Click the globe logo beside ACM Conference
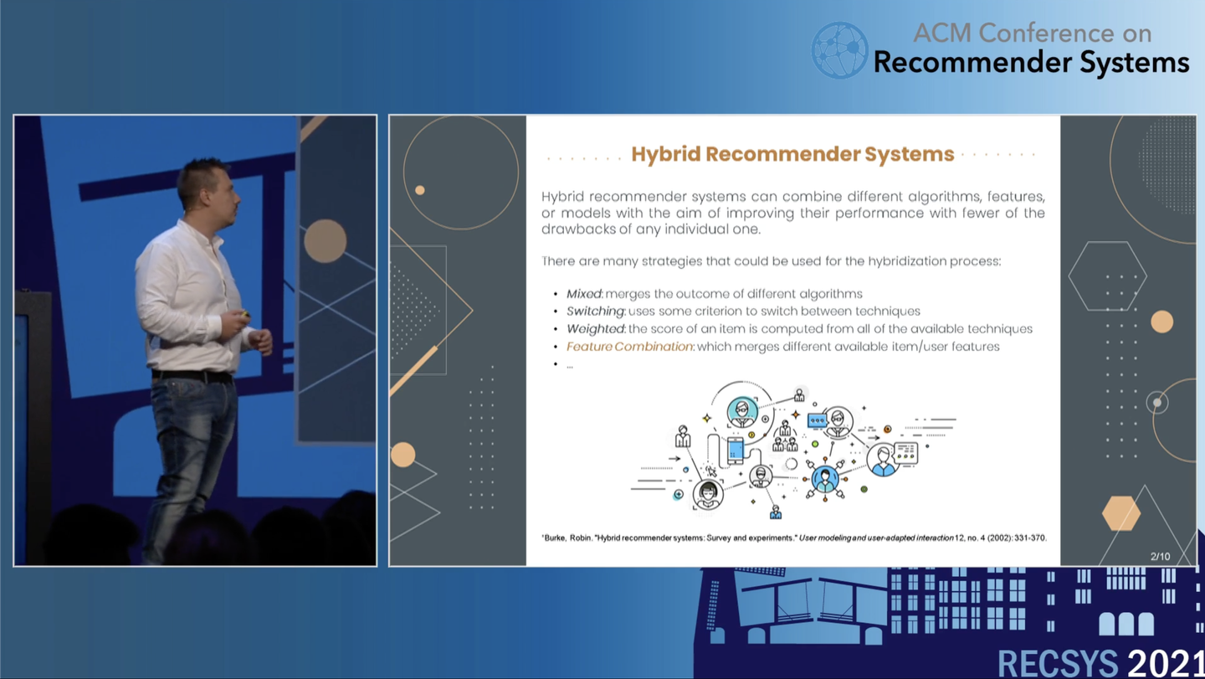coord(839,50)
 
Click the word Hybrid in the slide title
coord(665,154)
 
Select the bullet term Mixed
coord(584,294)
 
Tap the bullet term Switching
coord(596,311)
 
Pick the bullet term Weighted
coord(596,329)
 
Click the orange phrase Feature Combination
coord(629,347)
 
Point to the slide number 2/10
coord(1161,556)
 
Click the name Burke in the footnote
coord(555,538)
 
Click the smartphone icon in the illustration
coord(736,450)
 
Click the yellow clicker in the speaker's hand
coord(245,314)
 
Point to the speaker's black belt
coord(192,375)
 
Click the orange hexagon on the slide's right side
coord(1121,513)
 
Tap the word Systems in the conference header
coord(1135,64)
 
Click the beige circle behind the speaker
coord(325,241)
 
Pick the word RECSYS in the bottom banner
coord(1058,664)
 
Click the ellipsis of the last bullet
coord(570,367)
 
